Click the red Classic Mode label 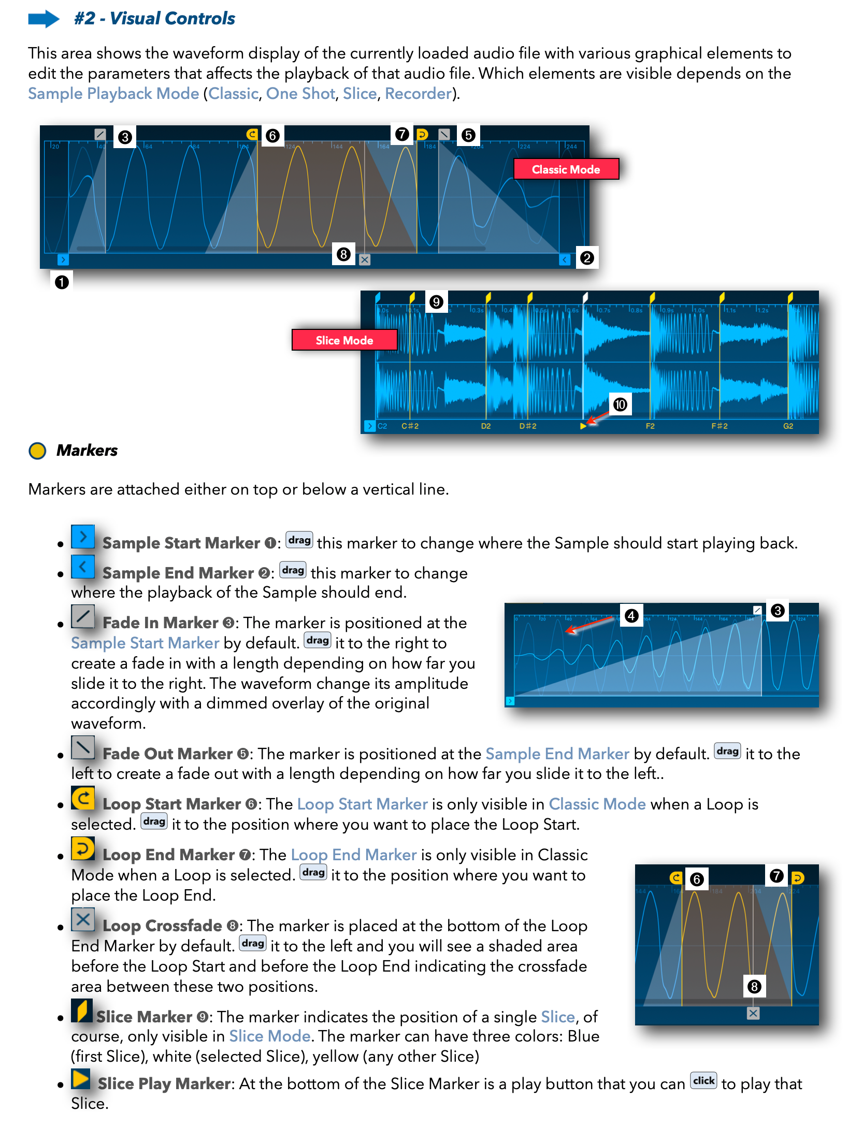(x=566, y=169)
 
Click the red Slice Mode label (x=344, y=340)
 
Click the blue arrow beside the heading (x=44, y=19)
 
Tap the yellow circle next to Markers (x=37, y=451)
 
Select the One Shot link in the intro (x=300, y=94)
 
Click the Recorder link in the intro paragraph (x=418, y=94)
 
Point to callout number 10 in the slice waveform (x=620, y=404)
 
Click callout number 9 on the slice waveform (x=436, y=302)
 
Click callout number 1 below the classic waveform (x=62, y=282)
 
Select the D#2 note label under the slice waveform (x=528, y=426)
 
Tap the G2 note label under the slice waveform (x=788, y=426)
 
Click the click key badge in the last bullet (x=703, y=1081)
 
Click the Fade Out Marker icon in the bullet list (x=83, y=747)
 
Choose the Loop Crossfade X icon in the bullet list (x=83, y=919)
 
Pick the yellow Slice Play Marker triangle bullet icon (x=81, y=1079)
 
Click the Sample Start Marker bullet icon (x=83, y=537)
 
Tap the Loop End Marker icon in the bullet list (x=83, y=849)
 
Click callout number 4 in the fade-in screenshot (x=631, y=616)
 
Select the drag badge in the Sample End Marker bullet (x=293, y=570)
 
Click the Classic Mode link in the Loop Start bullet (x=597, y=804)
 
